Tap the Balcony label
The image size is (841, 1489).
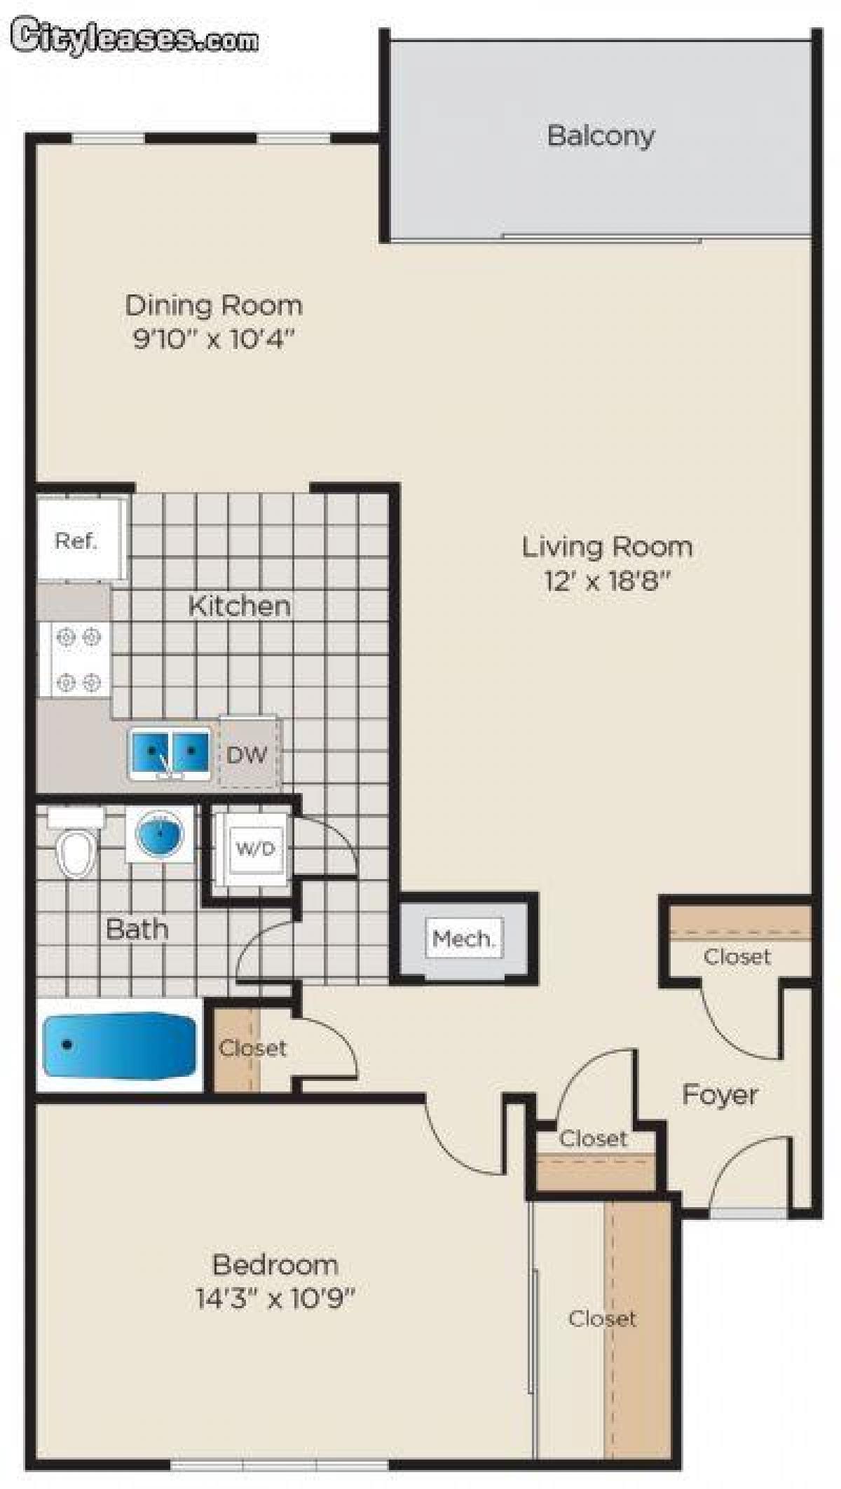[x=601, y=135]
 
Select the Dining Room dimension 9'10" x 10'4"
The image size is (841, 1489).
[x=212, y=340]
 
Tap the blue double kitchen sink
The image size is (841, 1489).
[x=170, y=753]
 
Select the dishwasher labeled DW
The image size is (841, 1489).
[x=247, y=754]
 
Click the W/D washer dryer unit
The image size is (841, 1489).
[x=255, y=849]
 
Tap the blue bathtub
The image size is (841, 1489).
[x=119, y=1046]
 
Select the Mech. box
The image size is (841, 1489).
[x=464, y=938]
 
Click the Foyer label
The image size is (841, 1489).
[x=720, y=1094]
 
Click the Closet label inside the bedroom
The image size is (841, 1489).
[x=602, y=1319]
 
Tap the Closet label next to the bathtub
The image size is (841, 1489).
[x=252, y=1048]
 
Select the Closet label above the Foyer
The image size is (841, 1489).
[x=737, y=956]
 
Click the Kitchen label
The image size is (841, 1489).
[x=240, y=606]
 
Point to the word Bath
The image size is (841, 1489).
[x=137, y=929]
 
